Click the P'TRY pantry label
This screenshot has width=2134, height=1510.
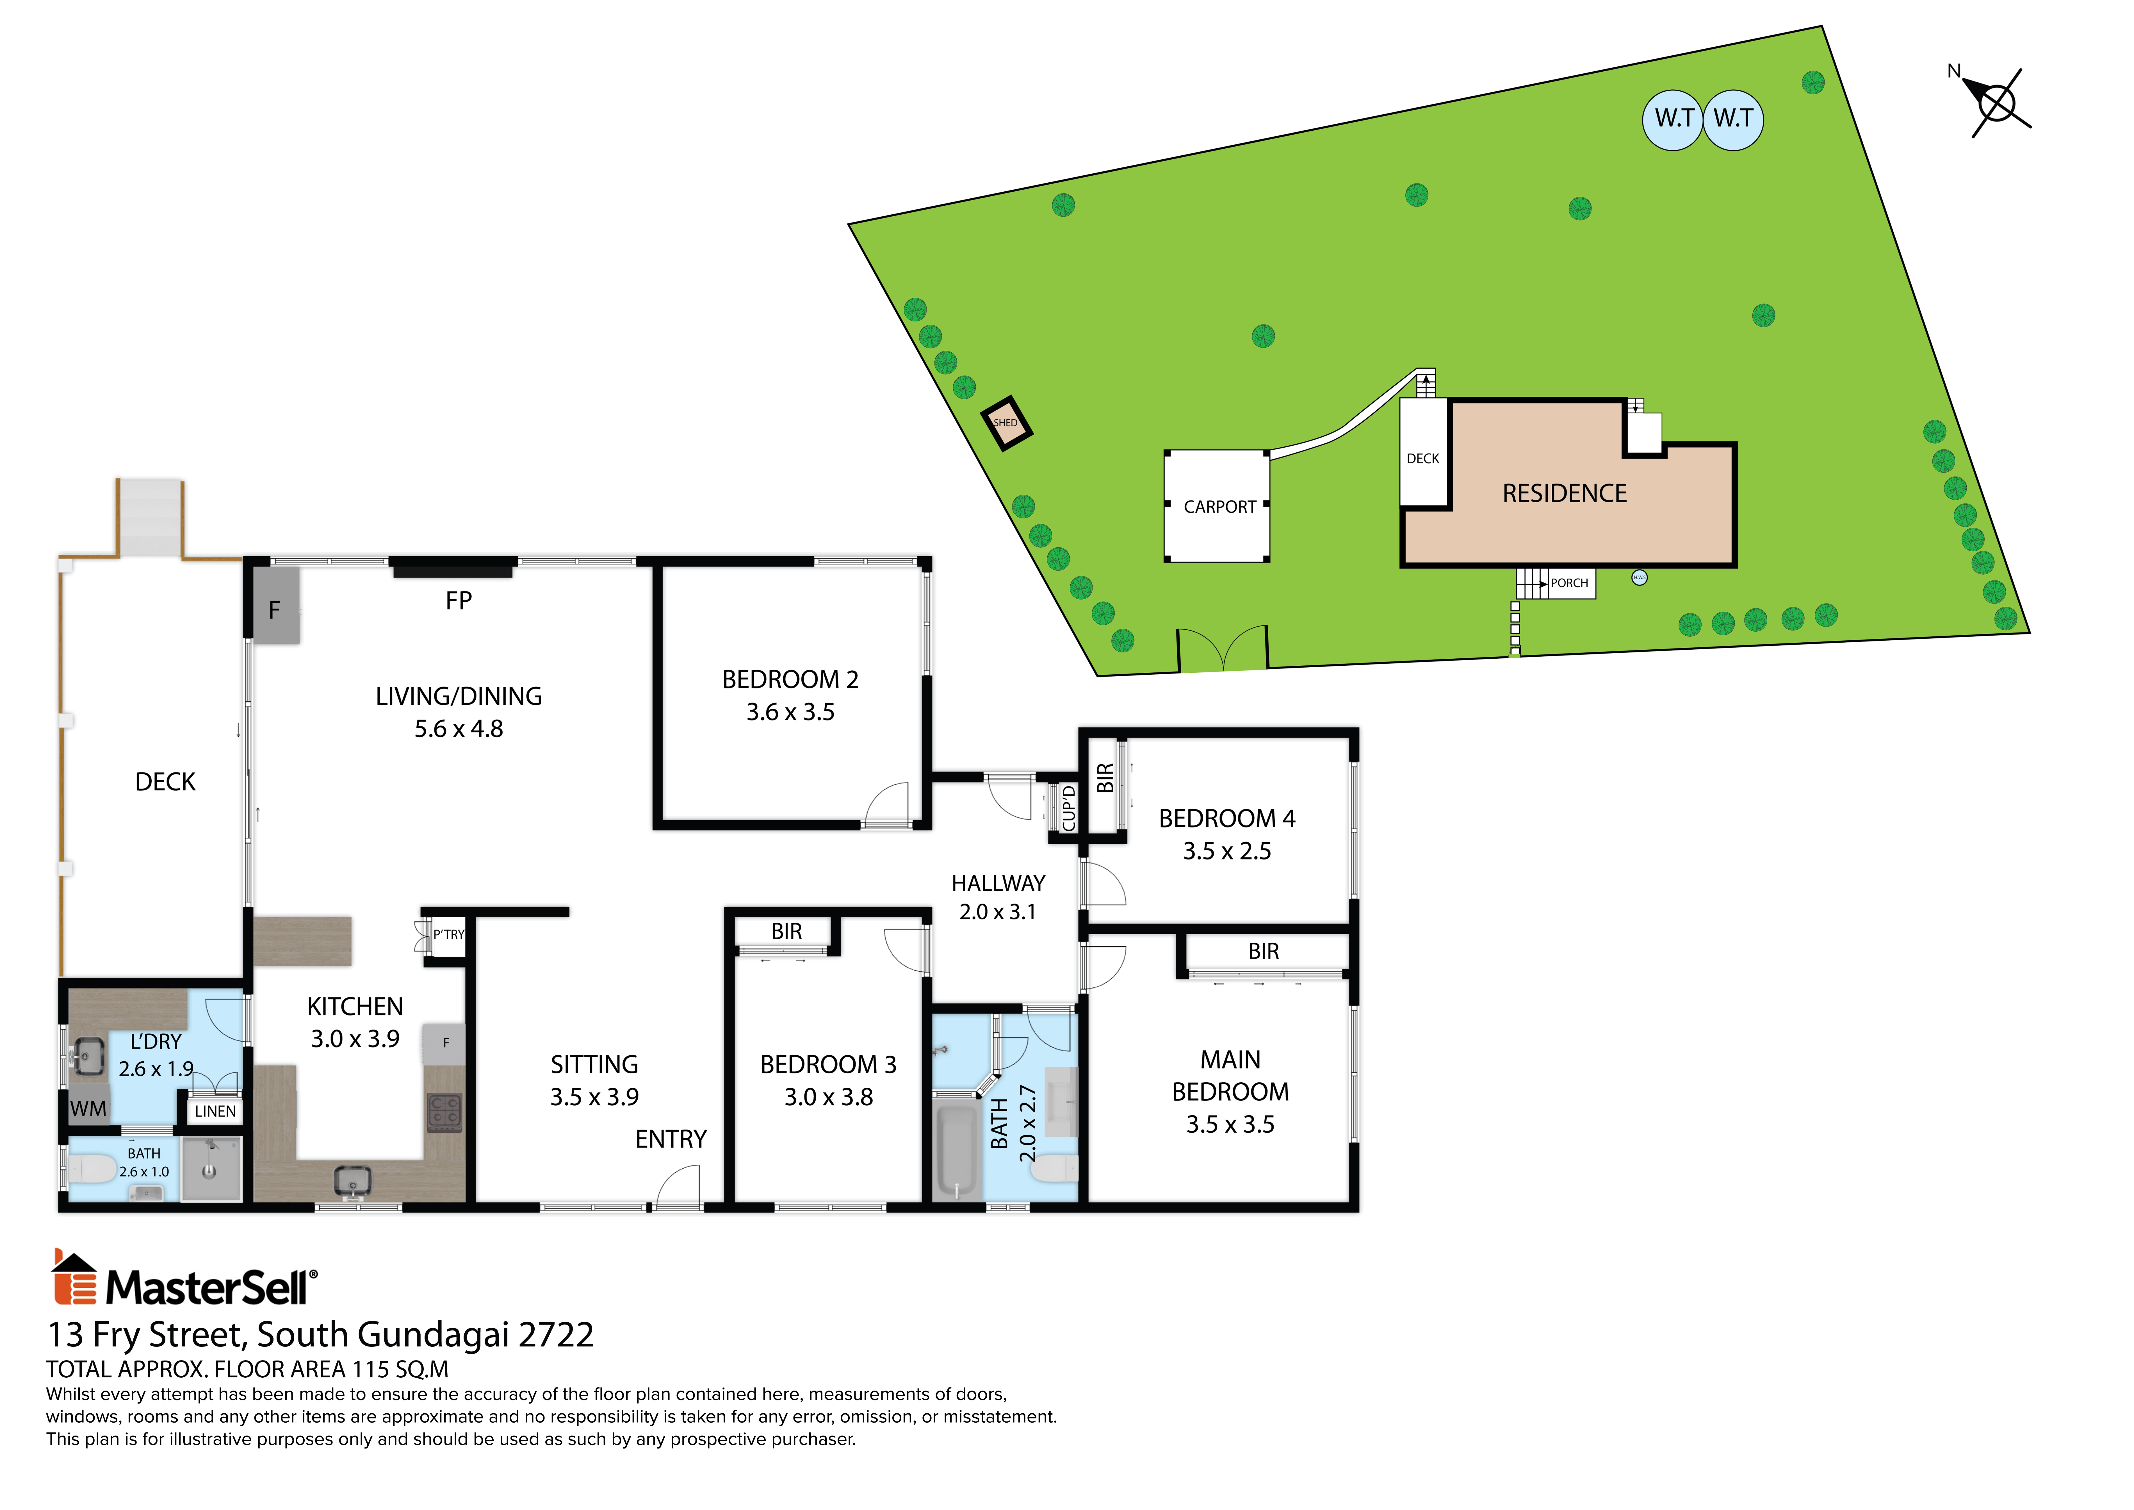click(449, 935)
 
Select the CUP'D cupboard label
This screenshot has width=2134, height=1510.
click(1069, 808)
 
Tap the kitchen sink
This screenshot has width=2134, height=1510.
click(353, 1182)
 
